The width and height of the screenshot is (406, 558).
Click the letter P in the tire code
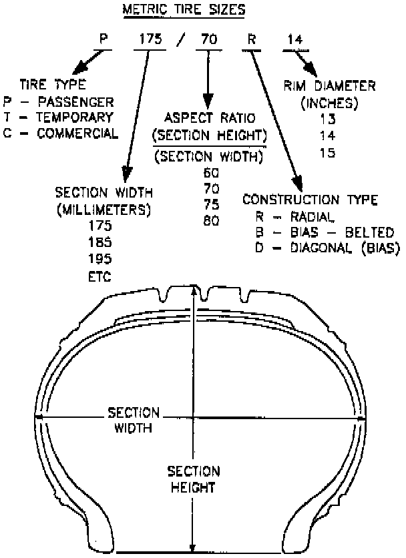point(104,39)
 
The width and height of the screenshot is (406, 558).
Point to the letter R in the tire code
point(252,39)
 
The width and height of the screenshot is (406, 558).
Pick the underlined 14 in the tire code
point(294,39)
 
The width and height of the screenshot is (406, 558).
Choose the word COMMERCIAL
point(83,132)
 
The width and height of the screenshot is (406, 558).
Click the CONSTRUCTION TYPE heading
point(311,200)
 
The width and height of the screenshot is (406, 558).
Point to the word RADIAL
point(308,216)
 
